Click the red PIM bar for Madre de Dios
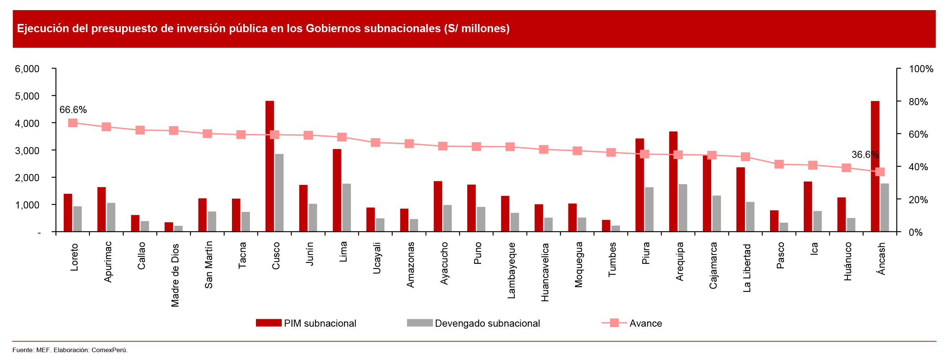[169, 227]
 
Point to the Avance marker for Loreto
[73, 123]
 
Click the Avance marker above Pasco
[779, 164]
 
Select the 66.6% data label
[73, 110]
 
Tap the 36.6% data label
[865, 155]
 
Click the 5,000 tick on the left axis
[27, 96]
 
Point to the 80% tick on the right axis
[918, 102]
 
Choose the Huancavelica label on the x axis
[545, 272]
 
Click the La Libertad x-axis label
[747, 268]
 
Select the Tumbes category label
[612, 259]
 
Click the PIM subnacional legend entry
[306, 323]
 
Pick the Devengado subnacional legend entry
[473, 323]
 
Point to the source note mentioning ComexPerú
[70, 350]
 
